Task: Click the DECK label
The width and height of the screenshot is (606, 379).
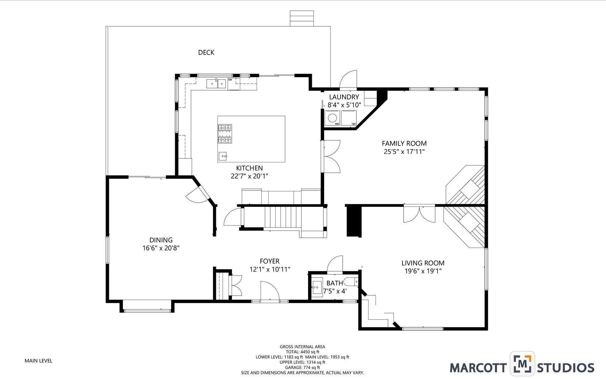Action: pyautogui.click(x=206, y=52)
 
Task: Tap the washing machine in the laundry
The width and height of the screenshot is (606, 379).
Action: pyautogui.click(x=332, y=118)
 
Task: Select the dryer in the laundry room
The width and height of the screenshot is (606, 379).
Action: pyautogui.click(x=349, y=118)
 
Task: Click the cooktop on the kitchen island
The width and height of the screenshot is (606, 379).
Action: pyautogui.click(x=224, y=134)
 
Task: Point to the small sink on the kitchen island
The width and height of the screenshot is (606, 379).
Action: pyautogui.click(x=223, y=156)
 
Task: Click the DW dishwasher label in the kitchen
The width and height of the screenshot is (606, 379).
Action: pyautogui.click(x=230, y=80)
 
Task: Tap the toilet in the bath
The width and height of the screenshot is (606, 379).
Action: pyautogui.click(x=351, y=281)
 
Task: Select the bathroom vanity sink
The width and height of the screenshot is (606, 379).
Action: pyautogui.click(x=317, y=287)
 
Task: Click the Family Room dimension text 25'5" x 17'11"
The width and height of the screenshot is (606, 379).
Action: pyautogui.click(x=404, y=152)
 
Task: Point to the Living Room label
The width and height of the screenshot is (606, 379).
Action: pyautogui.click(x=423, y=263)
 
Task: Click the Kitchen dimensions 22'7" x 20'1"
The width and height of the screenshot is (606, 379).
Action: pyautogui.click(x=249, y=176)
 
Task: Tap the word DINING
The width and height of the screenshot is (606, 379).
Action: pyautogui.click(x=161, y=240)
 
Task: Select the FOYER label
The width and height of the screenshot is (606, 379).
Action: pyautogui.click(x=270, y=261)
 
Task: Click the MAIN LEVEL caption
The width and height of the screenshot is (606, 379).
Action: pyautogui.click(x=39, y=361)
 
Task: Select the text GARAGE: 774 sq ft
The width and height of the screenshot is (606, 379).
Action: pyautogui.click(x=302, y=367)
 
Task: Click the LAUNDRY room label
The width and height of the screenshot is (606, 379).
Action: pyautogui.click(x=344, y=97)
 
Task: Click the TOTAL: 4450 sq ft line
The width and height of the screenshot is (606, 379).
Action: pyautogui.click(x=302, y=352)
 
